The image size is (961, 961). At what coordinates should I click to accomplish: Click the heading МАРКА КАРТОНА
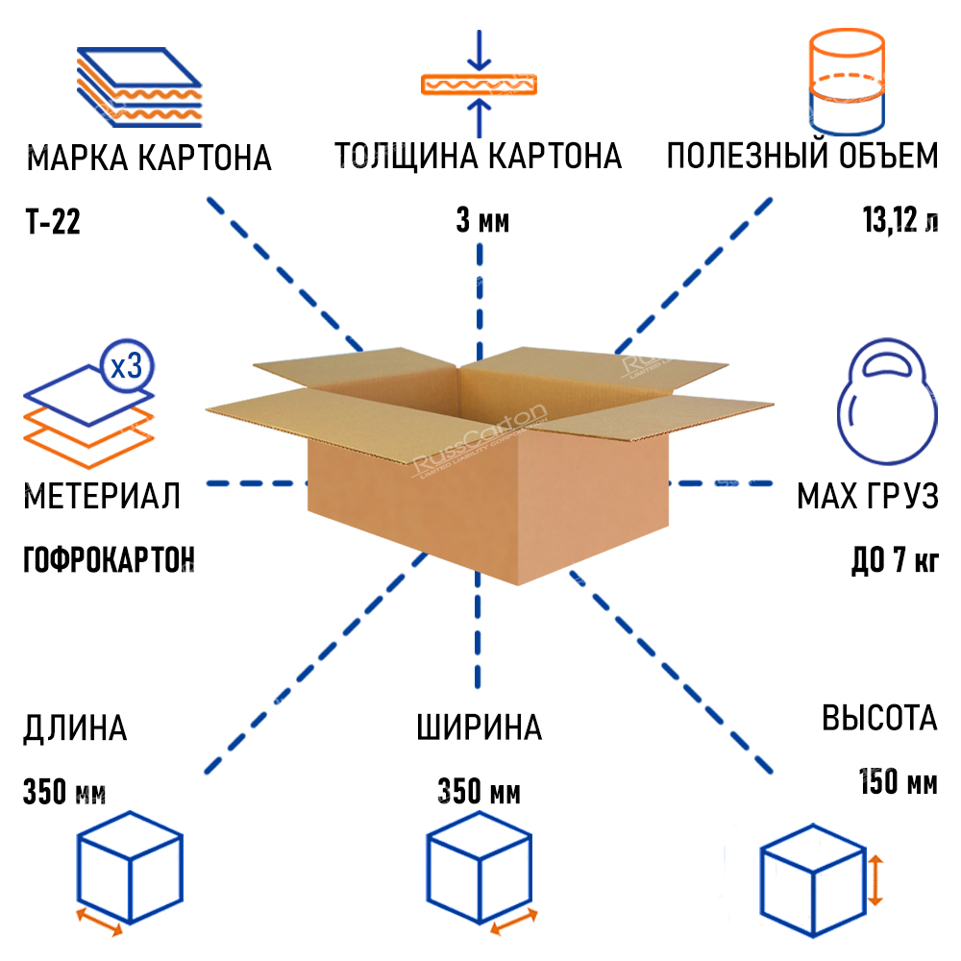[149, 158]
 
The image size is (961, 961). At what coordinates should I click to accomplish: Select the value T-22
[53, 223]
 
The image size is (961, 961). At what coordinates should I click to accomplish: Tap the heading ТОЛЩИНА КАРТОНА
[478, 156]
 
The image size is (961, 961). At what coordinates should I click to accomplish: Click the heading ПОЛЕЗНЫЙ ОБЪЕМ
[802, 156]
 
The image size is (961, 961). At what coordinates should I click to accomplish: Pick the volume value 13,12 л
[899, 222]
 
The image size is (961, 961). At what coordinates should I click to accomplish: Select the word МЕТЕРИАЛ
[102, 497]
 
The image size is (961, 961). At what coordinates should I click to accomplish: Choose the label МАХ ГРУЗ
[867, 497]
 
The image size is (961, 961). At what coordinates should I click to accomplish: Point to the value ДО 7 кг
[894, 559]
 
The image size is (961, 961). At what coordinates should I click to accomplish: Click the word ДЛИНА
[75, 727]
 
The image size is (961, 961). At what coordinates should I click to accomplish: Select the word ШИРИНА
[480, 727]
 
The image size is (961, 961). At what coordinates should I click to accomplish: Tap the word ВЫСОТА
[879, 718]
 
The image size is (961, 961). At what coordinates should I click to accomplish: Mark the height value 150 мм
[898, 782]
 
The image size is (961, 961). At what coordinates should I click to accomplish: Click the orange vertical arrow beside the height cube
[875, 881]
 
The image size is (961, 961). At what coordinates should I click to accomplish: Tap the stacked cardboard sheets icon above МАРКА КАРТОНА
[139, 86]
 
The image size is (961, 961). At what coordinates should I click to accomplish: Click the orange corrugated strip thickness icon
[478, 83]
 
